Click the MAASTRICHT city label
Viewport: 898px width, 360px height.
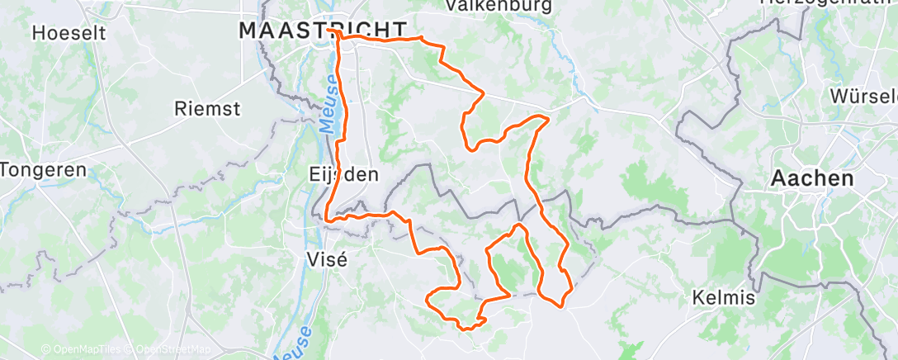[324, 31]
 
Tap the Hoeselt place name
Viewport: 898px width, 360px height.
[66, 34]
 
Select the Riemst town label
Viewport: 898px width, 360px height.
[207, 108]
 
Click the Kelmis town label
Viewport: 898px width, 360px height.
[725, 298]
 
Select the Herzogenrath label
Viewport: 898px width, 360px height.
[825, 3]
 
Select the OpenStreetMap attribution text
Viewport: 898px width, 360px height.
[173, 350]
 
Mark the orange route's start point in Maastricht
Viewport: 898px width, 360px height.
[330, 31]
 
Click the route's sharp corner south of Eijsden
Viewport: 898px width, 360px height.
[328, 220]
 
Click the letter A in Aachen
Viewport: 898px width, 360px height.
[779, 178]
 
